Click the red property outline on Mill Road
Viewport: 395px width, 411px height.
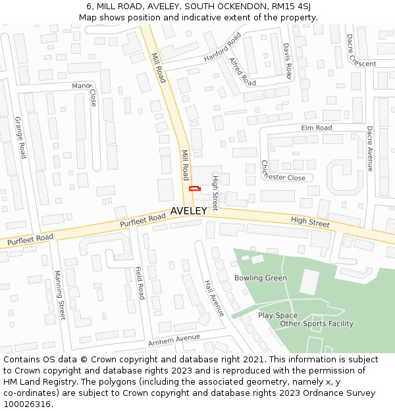[194, 189]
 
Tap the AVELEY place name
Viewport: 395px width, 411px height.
[189, 211]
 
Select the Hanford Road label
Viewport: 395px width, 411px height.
[223, 49]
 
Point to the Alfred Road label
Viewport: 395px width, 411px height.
[243, 71]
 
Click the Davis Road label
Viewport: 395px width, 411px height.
[287, 61]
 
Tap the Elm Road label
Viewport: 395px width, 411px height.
[316, 128]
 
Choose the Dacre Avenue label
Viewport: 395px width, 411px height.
[370, 149]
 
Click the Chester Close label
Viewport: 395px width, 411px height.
[284, 176]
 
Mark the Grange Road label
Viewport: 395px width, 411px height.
[20, 137]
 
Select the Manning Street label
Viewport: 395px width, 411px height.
[60, 295]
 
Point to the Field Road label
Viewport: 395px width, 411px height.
[140, 283]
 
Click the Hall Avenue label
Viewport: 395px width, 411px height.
[214, 298]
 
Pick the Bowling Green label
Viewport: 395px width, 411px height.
[261, 278]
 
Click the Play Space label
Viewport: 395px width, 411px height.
[278, 316]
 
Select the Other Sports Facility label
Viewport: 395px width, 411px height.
[317, 324]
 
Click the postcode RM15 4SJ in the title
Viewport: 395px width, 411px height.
[290, 7]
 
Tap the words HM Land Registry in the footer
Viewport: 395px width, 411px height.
[34, 382]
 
